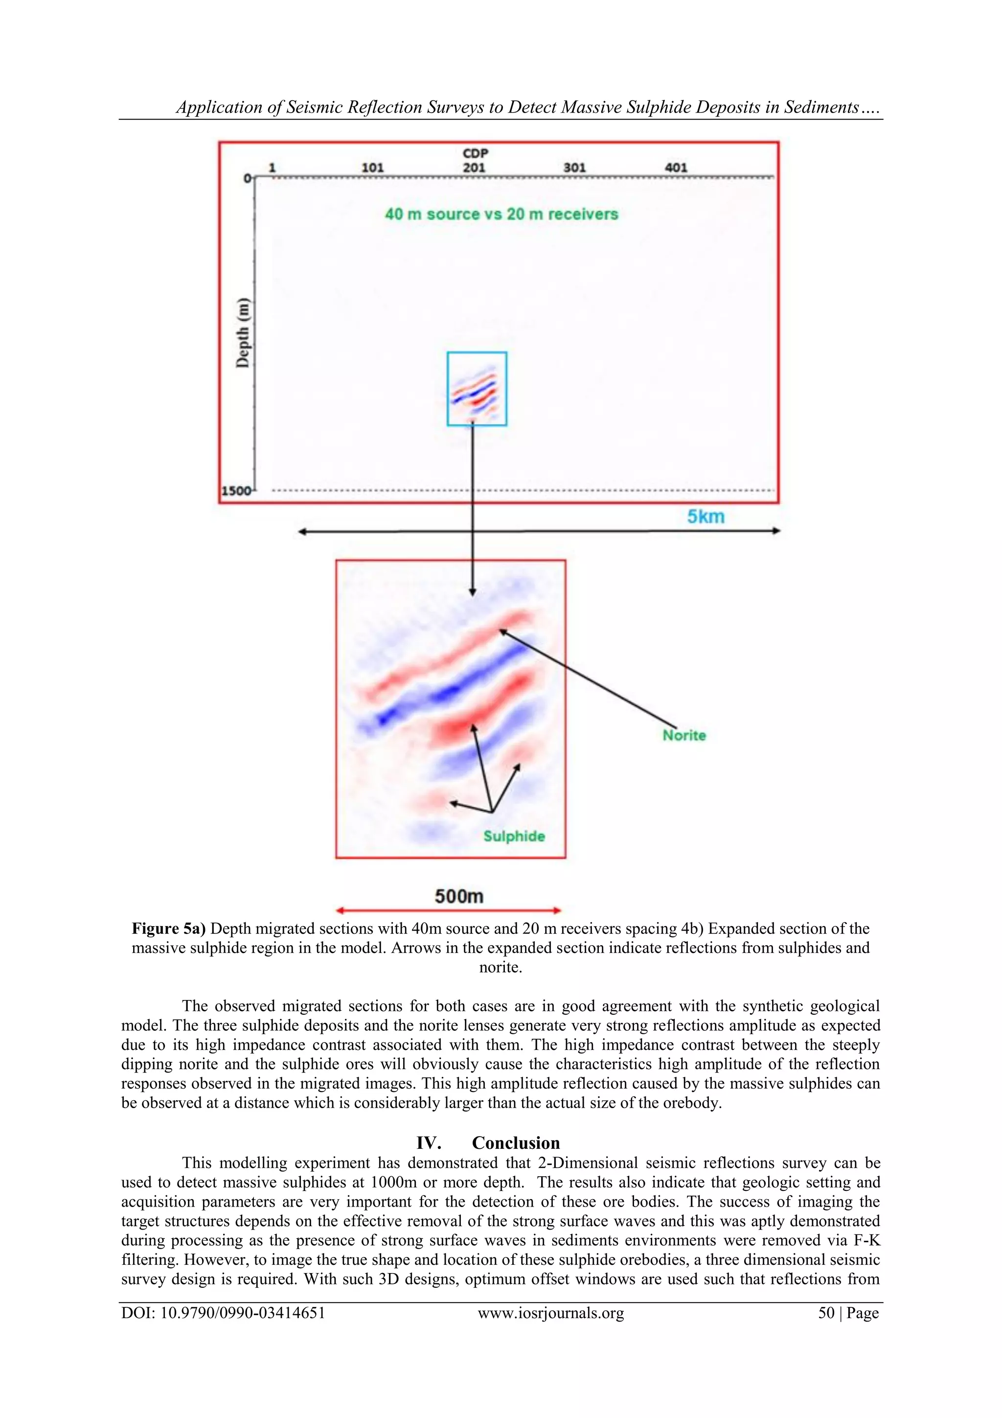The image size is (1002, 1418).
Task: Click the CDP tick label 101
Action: pyautogui.click(x=372, y=168)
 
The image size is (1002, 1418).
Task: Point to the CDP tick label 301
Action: pyautogui.click(x=574, y=168)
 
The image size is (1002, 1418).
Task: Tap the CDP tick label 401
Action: pyautogui.click(x=676, y=168)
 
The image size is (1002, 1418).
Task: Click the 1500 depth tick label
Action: pyautogui.click(x=236, y=491)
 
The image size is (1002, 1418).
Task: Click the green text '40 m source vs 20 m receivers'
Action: pyautogui.click(x=501, y=214)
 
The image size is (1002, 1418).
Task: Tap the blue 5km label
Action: pyautogui.click(x=706, y=516)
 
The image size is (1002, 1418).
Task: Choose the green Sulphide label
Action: pyautogui.click(x=514, y=836)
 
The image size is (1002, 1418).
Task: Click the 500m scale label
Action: pyautogui.click(x=459, y=896)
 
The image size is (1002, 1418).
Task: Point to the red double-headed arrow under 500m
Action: pyautogui.click(x=449, y=910)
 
